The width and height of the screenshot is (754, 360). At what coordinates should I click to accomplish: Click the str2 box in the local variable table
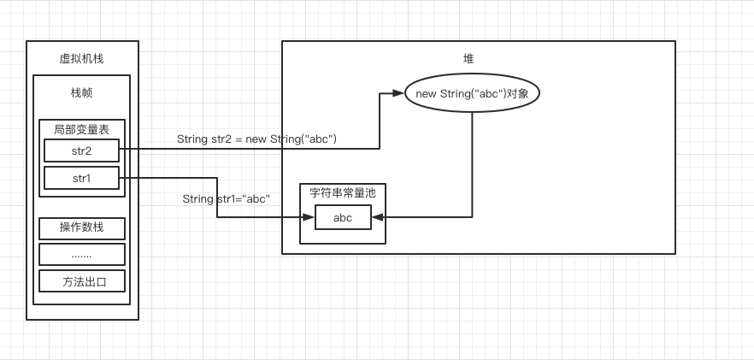click(81, 150)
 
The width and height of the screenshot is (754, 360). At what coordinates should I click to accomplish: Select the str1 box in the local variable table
click(81, 178)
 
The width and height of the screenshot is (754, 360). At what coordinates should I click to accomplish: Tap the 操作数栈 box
click(82, 227)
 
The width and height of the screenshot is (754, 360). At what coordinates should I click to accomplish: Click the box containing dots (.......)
click(82, 254)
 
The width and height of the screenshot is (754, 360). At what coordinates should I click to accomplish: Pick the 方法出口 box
click(82, 281)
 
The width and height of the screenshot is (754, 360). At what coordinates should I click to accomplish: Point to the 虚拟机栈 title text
click(82, 58)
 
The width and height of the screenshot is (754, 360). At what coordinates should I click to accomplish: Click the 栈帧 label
click(82, 92)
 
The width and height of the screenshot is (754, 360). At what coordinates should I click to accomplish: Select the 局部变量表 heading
click(81, 129)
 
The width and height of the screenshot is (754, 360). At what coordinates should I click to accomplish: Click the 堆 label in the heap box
click(468, 58)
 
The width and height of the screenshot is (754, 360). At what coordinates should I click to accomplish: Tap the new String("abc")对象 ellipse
click(472, 93)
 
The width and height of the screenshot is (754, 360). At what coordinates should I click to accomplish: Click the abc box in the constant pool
click(343, 217)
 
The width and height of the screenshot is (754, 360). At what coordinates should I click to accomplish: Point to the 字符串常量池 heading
click(342, 193)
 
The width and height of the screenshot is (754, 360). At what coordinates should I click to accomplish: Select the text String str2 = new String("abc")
click(256, 139)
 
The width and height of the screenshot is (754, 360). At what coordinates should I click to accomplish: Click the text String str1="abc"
click(226, 198)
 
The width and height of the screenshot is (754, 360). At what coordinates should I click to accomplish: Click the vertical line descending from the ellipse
click(472, 162)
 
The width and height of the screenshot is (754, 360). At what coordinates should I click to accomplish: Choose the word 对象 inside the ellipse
click(517, 93)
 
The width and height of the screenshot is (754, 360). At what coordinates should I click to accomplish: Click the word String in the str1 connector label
click(197, 198)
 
